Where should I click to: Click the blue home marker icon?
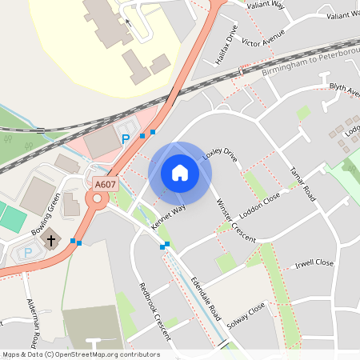click(x=180, y=173)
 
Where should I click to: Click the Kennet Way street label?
click(x=168, y=217)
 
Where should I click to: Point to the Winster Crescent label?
click(x=235, y=220)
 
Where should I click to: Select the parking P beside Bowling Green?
click(x=29, y=252)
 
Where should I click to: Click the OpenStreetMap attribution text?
click(x=80, y=354)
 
